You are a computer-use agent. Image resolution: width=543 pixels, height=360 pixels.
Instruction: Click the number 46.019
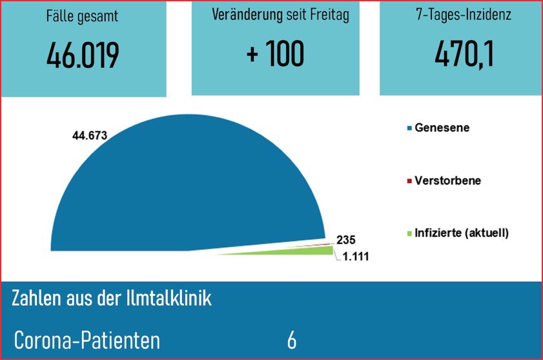83,56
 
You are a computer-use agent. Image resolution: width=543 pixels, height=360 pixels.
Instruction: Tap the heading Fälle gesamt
83,17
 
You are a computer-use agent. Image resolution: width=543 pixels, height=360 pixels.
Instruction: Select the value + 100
275,55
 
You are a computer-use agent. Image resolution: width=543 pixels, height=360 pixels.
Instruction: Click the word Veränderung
247,15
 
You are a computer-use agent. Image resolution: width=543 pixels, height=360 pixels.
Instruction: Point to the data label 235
346,239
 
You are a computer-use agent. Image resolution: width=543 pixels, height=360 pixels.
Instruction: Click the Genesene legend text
442,128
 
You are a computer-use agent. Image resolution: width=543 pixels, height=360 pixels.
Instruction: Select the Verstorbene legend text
447,181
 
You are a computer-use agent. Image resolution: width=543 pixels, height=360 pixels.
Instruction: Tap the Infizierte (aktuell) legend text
462,233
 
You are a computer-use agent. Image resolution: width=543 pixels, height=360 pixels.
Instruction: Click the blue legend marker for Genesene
409,128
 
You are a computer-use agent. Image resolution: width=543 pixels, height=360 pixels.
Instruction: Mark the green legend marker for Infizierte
409,234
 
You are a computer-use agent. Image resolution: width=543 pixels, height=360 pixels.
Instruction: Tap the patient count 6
292,340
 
